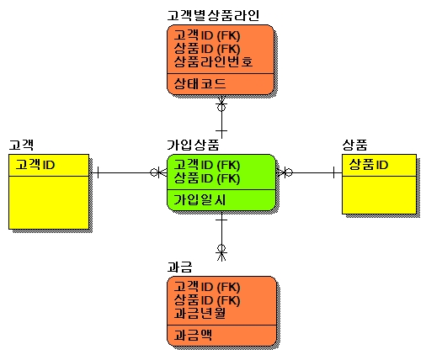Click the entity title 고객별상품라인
[x=213, y=15]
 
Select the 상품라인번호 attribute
[x=213, y=61]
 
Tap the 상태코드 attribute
[x=200, y=83]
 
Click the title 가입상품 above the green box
[x=193, y=145]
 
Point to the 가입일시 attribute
[x=200, y=199]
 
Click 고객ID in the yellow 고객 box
[x=35, y=165]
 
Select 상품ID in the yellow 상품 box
[x=369, y=165]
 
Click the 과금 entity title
[x=179, y=267]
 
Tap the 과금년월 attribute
[x=200, y=313]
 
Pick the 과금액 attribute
[x=193, y=335]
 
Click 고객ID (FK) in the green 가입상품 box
[x=207, y=165]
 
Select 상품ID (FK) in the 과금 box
[x=207, y=300]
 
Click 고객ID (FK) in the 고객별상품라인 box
[x=207, y=35]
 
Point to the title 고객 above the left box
[x=21, y=145]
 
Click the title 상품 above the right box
[x=354, y=145]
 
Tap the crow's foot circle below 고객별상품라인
[x=221, y=107]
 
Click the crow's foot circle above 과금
[x=221, y=248]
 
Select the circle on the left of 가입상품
[x=154, y=172]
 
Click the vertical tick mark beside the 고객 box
[x=98, y=172]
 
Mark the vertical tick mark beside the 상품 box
[x=333, y=172]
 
